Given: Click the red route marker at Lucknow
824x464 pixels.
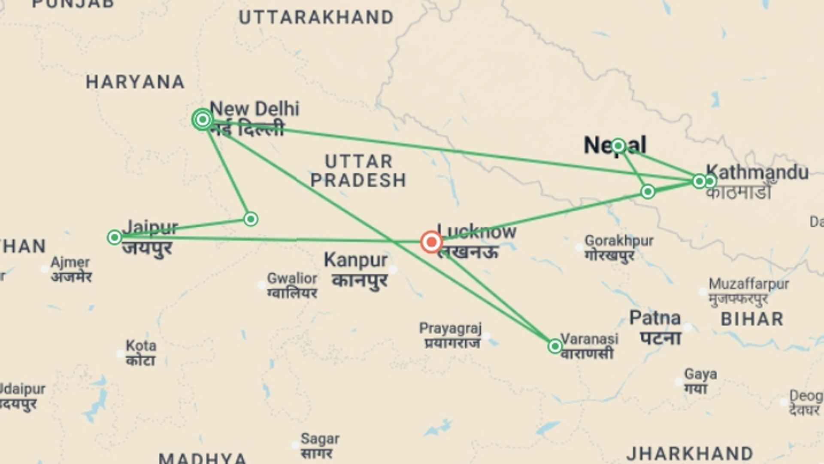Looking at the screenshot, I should [431, 242].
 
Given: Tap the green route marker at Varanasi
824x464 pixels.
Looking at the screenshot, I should [555, 346].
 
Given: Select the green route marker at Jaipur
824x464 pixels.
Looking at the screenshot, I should [115, 237].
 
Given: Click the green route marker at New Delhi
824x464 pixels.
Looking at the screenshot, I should [203, 119].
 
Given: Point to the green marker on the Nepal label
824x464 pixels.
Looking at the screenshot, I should [618, 146].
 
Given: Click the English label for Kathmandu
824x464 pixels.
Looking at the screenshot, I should [757, 172].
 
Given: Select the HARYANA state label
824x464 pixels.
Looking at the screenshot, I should [135, 82].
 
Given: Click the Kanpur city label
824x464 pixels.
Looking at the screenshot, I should [356, 260].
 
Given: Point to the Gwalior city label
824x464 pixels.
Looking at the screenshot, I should [292, 278].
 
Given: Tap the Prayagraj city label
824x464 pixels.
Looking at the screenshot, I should [450, 329].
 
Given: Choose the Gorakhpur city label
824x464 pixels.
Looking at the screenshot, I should [618, 241].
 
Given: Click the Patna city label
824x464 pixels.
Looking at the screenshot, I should [655, 318].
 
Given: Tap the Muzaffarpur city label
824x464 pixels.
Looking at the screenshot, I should [748, 284].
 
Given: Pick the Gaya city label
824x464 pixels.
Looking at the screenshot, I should [700, 374].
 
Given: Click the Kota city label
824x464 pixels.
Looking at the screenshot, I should [141, 346].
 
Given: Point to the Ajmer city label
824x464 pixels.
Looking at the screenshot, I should [70, 262].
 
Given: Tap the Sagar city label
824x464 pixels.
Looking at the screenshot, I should [320, 439].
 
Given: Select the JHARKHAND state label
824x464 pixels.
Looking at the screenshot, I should [690, 454].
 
